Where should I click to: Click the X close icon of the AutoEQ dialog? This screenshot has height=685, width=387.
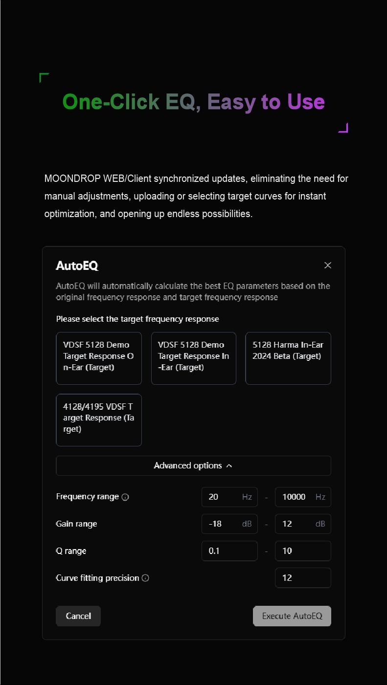(328, 265)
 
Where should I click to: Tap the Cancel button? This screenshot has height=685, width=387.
(78, 616)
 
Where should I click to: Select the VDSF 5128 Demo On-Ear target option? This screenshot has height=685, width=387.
(99, 358)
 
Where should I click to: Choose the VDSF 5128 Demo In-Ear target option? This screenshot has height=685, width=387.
(194, 358)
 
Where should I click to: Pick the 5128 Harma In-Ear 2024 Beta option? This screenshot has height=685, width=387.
(288, 358)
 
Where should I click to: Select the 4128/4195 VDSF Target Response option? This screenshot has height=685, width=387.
(99, 420)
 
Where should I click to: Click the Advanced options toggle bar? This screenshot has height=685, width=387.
(193, 465)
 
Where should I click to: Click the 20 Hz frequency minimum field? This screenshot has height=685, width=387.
(229, 497)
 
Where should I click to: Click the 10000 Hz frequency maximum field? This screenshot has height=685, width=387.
(303, 497)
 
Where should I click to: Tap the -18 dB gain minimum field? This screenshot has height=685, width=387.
(229, 524)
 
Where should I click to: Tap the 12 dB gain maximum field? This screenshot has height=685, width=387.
(303, 524)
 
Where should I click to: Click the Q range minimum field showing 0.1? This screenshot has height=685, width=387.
(229, 551)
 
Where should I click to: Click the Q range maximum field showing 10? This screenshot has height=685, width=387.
(303, 551)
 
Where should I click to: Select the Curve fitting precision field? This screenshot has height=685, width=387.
(303, 578)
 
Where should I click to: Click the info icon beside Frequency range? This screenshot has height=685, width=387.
(125, 497)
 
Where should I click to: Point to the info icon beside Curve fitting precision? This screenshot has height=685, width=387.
(145, 578)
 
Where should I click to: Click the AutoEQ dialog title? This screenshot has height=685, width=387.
(77, 265)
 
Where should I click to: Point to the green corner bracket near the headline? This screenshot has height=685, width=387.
(43, 77)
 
